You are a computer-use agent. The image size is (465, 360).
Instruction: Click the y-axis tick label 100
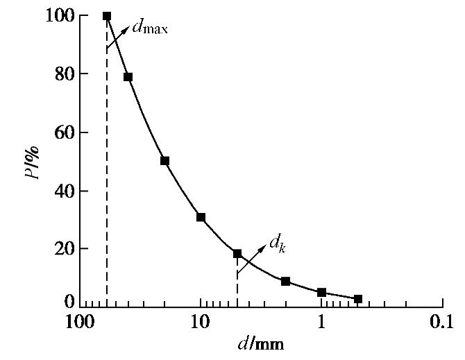(56, 15)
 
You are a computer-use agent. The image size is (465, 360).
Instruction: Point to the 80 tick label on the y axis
(61, 74)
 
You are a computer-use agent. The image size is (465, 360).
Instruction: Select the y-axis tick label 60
(61, 132)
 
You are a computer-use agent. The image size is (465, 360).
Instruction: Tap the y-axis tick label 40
(61, 191)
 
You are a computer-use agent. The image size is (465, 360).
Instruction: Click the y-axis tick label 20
(61, 248)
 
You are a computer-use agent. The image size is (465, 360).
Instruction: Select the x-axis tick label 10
(201, 323)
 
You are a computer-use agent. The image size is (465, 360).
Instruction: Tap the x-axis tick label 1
(322, 323)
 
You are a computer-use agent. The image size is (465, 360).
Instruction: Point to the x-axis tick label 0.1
(441, 323)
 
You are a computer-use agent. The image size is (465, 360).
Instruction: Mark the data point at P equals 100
(107, 16)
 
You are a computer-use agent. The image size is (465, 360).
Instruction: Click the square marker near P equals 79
(128, 77)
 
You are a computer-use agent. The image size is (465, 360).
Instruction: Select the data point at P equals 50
(164, 161)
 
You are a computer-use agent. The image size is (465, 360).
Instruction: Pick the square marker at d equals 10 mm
(201, 217)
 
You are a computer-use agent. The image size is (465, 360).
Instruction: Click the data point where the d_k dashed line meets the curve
(237, 254)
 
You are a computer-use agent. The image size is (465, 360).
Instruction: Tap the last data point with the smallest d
(358, 299)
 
